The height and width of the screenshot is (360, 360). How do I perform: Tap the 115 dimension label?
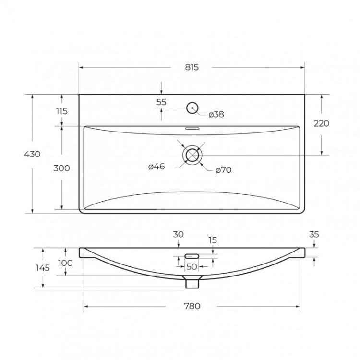pos(61,111)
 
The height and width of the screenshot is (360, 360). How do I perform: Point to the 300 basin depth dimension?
pos(61,168)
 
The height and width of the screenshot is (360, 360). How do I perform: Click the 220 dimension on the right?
pos(321,123)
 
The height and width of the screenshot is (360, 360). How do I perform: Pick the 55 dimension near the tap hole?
pos(161,102)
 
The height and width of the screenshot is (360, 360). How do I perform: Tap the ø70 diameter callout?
pos(224,170)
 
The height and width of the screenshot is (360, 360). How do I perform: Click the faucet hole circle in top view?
pos(192,108)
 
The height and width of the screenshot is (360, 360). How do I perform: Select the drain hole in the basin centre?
pos(192,155)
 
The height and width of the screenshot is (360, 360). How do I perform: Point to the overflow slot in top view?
pos(192,128)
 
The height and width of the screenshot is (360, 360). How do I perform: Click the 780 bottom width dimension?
pos(192,306)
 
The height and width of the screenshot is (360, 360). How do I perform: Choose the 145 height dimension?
pos(43,268)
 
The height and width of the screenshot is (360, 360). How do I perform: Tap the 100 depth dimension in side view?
pos(65,263)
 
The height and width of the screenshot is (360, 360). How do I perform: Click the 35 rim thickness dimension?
pos(314,235)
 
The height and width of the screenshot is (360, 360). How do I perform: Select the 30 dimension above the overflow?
pos(178,234)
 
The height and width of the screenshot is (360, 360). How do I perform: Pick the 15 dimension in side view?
pos(213,240)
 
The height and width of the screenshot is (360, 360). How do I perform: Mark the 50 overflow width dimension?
pos(192,266)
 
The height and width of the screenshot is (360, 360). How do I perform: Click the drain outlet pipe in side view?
pos(192,282)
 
